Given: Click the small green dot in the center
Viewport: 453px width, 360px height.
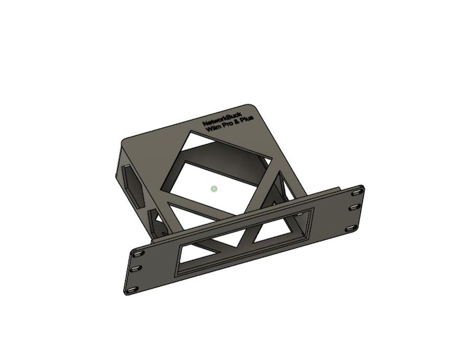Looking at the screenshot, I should [x=214, y=189].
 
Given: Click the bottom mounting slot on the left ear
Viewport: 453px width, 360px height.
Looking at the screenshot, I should [x=131, y=289].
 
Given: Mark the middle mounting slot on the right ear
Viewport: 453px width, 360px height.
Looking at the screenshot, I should [x=354, y=208].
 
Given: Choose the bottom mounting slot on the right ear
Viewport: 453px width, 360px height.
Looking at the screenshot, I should [x=350, y=229].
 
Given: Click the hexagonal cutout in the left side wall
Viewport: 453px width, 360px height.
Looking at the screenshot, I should [x=131, y=184].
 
